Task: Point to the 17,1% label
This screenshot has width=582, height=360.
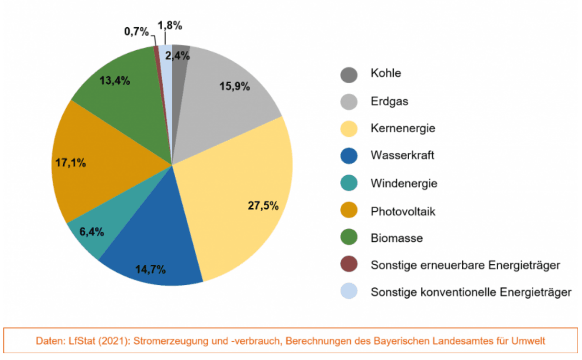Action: pyautogui.click(x=70, y=163)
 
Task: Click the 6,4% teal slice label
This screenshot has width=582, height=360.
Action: pyautogui.click(x=92, y=232)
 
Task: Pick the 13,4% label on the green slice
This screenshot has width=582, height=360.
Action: pyautogui.click(x=115, y=80)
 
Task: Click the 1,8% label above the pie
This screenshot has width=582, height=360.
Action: pyautogui.click(x=170, y=26)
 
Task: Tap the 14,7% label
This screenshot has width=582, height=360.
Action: pyautogui.click(x=151, y=269)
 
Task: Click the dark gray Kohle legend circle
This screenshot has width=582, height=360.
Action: pyautogui.click(x=349, y=74)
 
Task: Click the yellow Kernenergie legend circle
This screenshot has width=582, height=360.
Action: pyautogui.click(x=349, y=129)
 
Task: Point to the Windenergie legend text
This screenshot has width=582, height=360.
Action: pyautogui.click(x=403, y=183)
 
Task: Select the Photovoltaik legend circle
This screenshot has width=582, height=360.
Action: pyautogui.click(x=349, y=211)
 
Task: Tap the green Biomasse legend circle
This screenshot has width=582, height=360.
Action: pyautogui.click(x=349, y=238)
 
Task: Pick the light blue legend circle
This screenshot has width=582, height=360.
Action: pyautogui.click(x=349, y=292)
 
